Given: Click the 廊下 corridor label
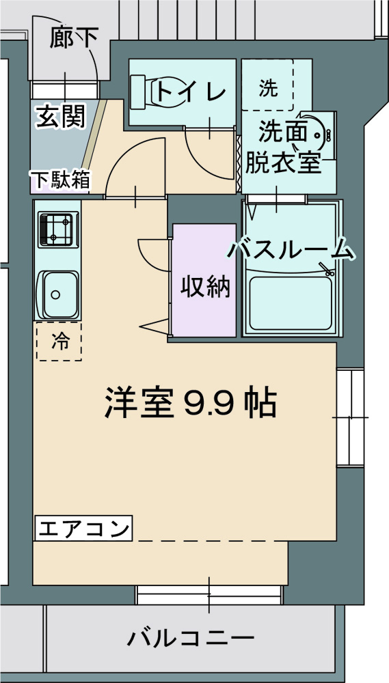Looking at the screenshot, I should (73, 38).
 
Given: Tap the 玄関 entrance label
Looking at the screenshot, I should (61, 117).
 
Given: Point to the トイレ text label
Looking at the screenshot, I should (188, 92).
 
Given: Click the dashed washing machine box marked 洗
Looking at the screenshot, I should (267, 86).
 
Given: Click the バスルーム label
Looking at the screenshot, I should (293, 250).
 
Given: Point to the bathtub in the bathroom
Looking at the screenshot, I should (291, 301).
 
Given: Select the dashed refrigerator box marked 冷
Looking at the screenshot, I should (59, 341).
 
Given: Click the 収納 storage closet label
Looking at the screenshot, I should (204, 288).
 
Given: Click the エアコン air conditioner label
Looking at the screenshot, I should (83, 528).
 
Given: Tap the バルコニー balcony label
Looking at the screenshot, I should (191, 639).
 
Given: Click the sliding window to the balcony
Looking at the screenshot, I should (209, 594).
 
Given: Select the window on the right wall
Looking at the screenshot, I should (350, 417).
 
